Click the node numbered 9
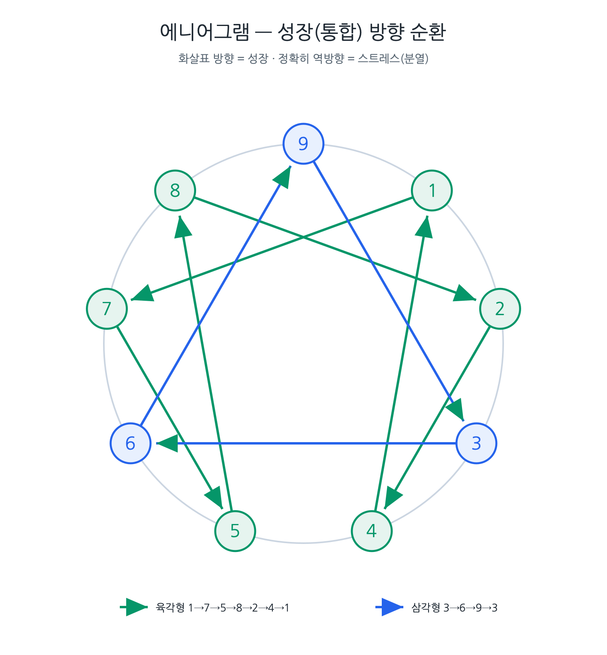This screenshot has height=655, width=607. (303, 144)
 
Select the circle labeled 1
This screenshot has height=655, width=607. (432, 191)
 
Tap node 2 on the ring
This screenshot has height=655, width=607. (500, 309)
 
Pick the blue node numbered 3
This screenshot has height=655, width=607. (476, 443)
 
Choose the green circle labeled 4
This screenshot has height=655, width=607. (372, 531)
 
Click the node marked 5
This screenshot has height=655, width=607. (235, 531)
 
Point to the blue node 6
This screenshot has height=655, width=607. (131, 443)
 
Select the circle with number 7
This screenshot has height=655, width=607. (107, 309)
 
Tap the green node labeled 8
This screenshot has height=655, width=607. (175, 191)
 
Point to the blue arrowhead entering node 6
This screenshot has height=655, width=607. (167, 443)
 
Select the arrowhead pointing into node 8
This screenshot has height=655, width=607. (183, 226)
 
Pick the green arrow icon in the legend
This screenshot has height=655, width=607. (134, 607)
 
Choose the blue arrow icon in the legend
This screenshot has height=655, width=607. (390, 607)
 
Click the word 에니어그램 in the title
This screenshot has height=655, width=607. (204, 32)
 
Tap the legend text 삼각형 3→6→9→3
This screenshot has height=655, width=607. (454, 608)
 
